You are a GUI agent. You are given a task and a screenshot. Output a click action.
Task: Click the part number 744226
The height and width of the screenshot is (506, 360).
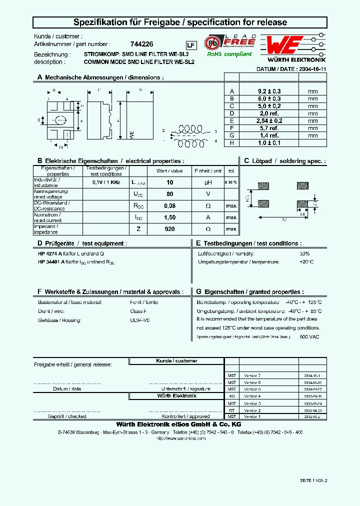tap(138, 44)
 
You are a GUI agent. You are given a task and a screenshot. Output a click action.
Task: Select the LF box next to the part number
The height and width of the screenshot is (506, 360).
tap(190, 45)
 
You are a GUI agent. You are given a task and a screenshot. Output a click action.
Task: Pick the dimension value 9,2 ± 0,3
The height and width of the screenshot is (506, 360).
tap(269, 91)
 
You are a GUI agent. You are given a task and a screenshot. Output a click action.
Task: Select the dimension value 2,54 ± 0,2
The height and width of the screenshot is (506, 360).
tap(269, 121)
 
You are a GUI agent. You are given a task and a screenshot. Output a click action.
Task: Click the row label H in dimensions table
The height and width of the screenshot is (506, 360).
tap(231, 143)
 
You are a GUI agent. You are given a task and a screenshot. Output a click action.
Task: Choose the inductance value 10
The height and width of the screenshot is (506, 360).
tap(169, 183)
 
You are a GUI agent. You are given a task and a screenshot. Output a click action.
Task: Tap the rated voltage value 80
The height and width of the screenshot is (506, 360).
tap(169, 194)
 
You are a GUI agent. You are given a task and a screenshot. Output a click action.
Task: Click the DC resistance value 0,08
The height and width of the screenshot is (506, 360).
tap(169, 205)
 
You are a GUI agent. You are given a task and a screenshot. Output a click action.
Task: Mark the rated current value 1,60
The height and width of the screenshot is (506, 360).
tap(169, 217)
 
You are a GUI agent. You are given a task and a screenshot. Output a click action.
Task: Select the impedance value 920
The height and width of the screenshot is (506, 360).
tap(169, 228)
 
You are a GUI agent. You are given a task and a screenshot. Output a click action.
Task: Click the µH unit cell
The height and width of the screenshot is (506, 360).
tap(208, 183)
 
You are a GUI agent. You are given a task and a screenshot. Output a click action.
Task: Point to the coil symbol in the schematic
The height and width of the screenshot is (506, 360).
tap(189, 129)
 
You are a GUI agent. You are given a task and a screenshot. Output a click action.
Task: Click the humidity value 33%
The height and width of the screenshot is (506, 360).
tap(304, 253)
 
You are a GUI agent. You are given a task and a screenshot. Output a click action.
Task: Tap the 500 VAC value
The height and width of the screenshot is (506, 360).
tap(309, 337)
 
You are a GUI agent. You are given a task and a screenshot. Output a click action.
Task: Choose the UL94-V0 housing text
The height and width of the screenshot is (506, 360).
tap(139, 319)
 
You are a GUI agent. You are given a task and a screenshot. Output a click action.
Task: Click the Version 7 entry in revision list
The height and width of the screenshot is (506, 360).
tap(252, 375)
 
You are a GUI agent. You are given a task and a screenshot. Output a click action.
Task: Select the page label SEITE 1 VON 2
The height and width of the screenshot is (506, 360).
tap(313, 480)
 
